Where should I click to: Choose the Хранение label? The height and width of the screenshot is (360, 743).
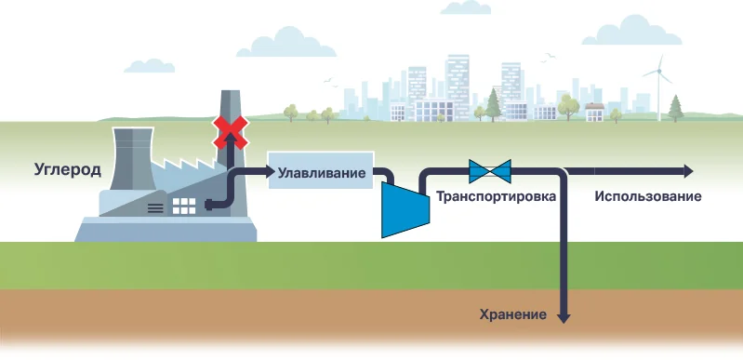point(511,314)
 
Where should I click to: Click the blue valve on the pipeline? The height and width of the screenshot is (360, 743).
point(490,171)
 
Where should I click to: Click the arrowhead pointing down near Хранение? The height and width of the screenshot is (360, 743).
point(563,316)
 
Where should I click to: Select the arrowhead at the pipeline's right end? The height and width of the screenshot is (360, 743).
point(687,171)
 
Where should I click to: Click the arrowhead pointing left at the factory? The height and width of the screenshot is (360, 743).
point(209,207)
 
